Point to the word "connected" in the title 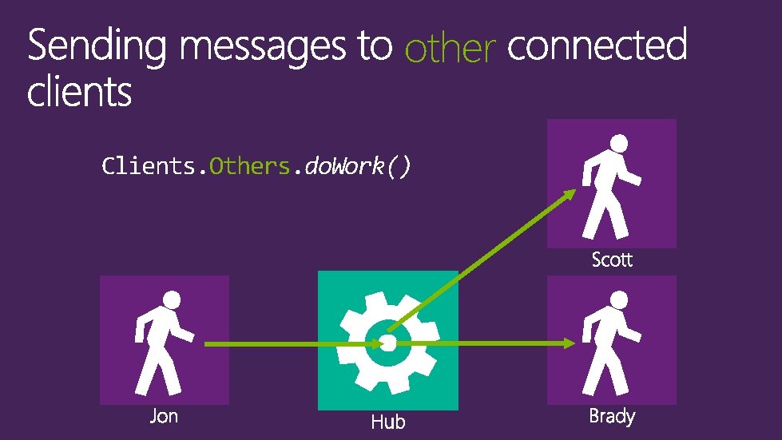click(597, 46)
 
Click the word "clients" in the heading click(79, 93)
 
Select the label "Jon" click(164, 416)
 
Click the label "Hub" click(387, 421)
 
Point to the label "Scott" click(612, 260)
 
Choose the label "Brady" click(612, 416)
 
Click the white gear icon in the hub click(387, 342)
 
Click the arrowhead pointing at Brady click(569, 343)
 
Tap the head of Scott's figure click(619, 144)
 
